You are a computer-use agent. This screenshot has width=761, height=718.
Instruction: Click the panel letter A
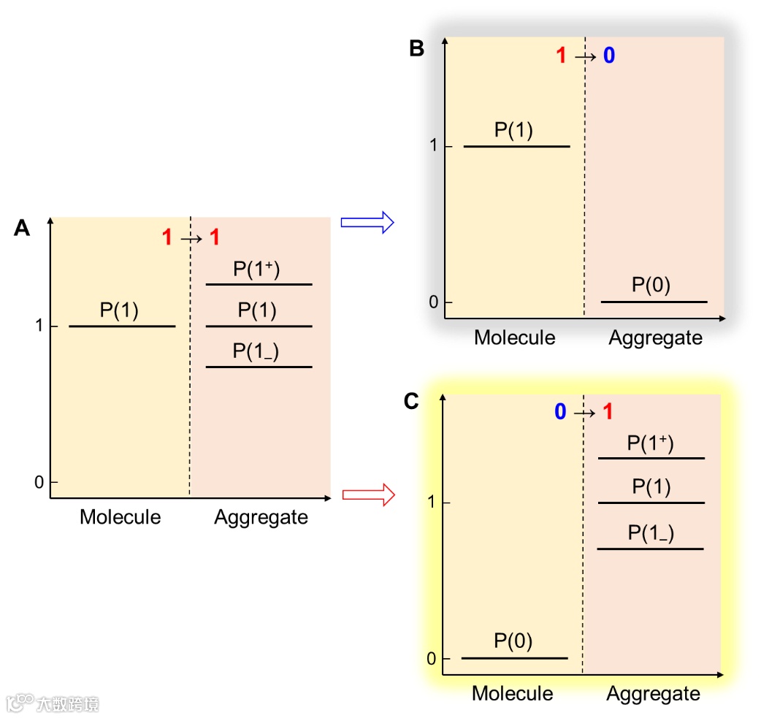[22, 229]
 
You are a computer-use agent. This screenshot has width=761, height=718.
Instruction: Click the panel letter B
[416, 49]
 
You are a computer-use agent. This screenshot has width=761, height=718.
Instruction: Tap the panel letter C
[411, 402]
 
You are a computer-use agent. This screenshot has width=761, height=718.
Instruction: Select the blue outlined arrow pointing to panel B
[367, 222]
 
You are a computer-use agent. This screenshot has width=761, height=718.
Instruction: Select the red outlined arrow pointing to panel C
[368, 495]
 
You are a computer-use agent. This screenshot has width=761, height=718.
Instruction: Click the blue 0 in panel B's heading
[608, 56]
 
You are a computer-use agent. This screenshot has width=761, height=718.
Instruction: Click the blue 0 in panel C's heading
[560, 412]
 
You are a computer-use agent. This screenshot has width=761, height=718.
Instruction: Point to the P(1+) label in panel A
[257, 269]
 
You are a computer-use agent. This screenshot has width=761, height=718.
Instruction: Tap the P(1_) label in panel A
[256, 351]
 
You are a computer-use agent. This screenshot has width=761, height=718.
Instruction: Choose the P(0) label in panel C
[513, 641]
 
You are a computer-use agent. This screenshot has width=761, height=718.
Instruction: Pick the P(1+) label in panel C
[651, 443]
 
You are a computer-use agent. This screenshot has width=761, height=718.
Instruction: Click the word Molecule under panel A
[120, 517]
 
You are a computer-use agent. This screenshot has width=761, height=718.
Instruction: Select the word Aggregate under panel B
[655, 338]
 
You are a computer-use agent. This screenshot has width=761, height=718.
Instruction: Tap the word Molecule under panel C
[513, 693]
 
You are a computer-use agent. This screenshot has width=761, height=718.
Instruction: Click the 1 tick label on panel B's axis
[433, 146]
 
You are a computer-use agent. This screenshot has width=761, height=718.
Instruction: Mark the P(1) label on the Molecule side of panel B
[513, 131]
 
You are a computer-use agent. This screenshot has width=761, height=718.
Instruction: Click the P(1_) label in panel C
[651, 533]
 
